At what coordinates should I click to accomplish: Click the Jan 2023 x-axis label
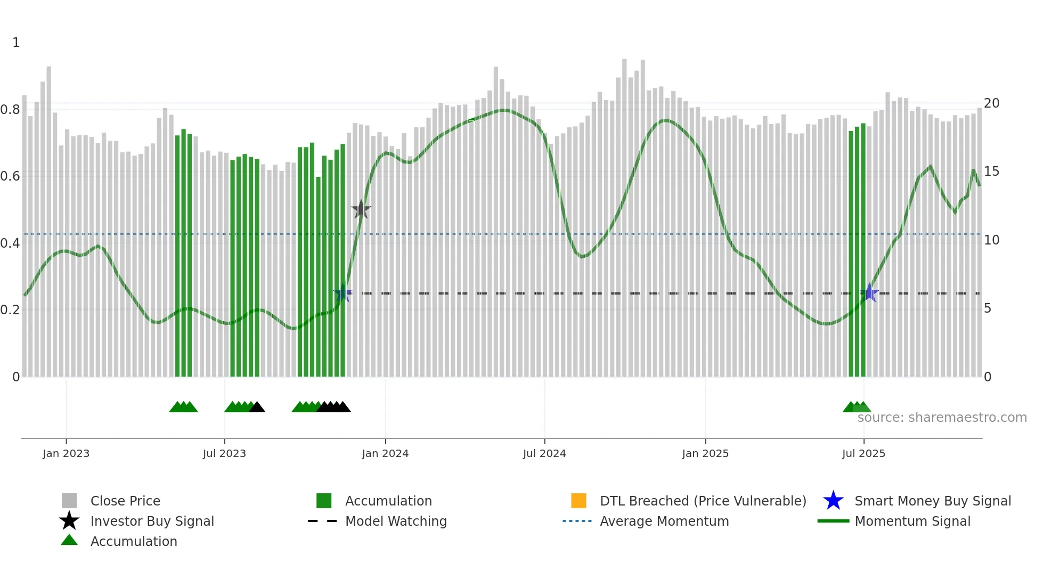coord(66,453)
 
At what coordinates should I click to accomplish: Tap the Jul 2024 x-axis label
coord(544,453)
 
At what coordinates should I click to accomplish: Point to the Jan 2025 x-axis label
coord(705,453)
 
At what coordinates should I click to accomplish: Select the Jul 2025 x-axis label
coord(863,453)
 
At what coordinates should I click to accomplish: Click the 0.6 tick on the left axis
coord(10,176)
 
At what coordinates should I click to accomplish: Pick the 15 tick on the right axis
coord(991,172)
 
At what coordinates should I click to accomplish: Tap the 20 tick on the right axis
coord(991,103)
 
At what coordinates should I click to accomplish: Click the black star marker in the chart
coord(361,210)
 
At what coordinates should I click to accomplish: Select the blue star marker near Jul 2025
coord(869,293)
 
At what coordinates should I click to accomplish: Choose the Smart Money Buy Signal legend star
coord(833,501)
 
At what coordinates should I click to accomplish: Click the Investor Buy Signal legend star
coord(69,521)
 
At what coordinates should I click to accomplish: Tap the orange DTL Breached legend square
coord(578,501)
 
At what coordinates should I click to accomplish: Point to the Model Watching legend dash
coord(323,521)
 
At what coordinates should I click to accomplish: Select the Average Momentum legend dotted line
coord(577,521)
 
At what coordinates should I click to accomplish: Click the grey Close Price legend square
coord(69,501)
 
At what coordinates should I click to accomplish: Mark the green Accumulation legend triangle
coord(69,540)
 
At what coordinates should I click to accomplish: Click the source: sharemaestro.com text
coord(942,418)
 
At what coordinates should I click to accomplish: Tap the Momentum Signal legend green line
coord(833,521)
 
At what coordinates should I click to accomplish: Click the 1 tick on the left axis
coord(16,43)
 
